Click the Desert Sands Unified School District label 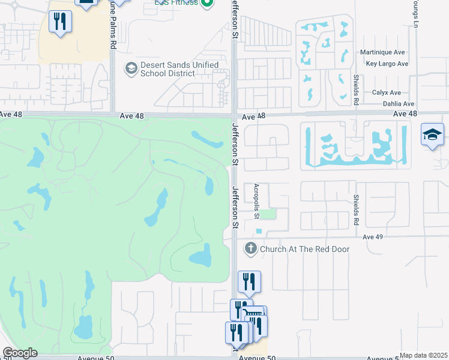168,69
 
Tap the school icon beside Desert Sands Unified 130,69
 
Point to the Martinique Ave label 384,53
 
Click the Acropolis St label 256,200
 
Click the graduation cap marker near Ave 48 432,135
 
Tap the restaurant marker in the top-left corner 60,22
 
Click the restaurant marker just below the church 249,281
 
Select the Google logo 20,353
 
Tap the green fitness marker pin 207,2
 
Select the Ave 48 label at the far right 405,113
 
